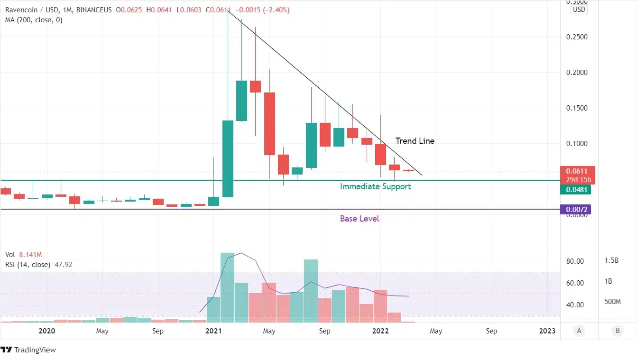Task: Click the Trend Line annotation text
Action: click(x=415, y=141)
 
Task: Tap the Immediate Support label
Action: click(x=375, y=186)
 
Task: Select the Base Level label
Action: click(x=360, y=219)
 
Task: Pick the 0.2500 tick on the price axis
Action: click(x=576, y=37)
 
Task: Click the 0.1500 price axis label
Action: click(x=576, y=108)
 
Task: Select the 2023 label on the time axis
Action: click(x=547, y=331)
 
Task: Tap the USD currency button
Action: click(x=579, y=9)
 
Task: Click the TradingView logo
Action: click(x=28, y=350)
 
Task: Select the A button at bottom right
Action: click(x=579, y=331)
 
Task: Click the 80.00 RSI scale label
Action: click(x=575, y=261)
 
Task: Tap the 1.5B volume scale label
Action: click(x=611, y=260)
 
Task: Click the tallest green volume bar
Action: click(x=227, y=287)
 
